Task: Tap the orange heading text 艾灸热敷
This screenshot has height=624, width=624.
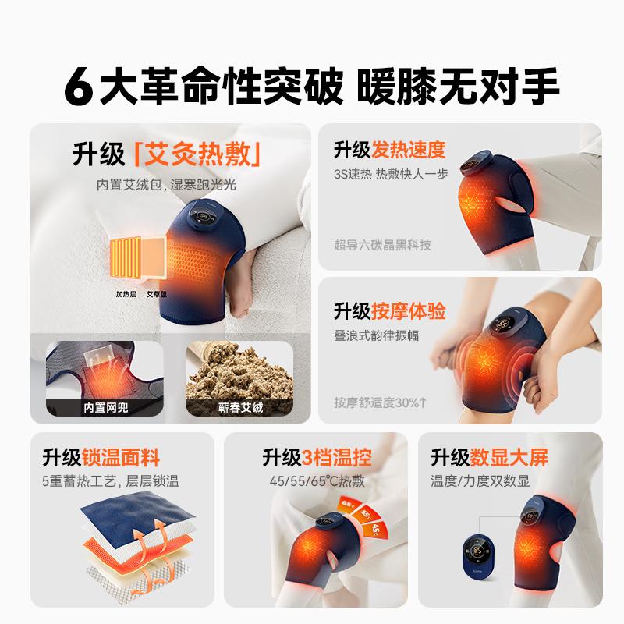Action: (x=197, y=154)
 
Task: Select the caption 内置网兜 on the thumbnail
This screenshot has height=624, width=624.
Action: (x=106, y=407)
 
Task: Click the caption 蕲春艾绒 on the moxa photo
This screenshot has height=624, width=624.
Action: (x=240, y=407)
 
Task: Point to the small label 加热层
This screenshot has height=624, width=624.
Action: (x=126, y=294)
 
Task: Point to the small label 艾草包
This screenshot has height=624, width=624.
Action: (x=157, y=294)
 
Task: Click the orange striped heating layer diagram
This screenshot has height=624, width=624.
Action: (x=126, y=257)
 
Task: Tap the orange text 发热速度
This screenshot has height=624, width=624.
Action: (x=409, y=150)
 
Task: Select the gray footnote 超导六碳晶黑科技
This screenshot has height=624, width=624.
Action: (x=382, y=245)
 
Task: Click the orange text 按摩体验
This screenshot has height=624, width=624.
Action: (x=409, y=311)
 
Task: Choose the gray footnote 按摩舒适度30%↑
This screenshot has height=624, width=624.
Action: (x=381, y=402)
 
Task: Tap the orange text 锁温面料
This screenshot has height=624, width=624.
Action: (x=121, y=457)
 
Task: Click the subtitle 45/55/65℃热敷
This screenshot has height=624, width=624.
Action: (x=317, y=480)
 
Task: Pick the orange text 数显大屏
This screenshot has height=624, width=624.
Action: (x=509, y=457)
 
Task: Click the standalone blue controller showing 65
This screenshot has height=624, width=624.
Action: (x=478, y=556)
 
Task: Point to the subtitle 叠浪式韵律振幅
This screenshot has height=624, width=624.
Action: (x=377, y=335)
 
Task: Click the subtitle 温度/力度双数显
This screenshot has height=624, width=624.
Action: (x=480, y=480)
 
